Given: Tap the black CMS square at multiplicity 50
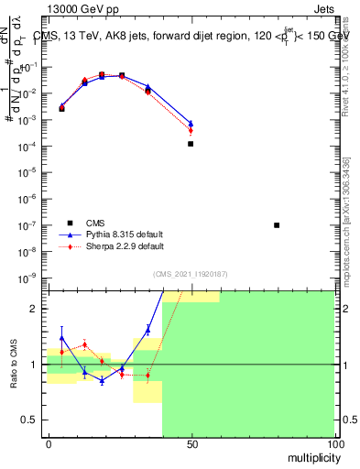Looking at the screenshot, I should point(191,144).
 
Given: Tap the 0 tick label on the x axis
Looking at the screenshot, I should point(48,444).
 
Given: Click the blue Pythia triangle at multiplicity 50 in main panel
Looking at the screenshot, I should point(191,123).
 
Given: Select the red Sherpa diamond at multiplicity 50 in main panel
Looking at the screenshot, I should point(191,130).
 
